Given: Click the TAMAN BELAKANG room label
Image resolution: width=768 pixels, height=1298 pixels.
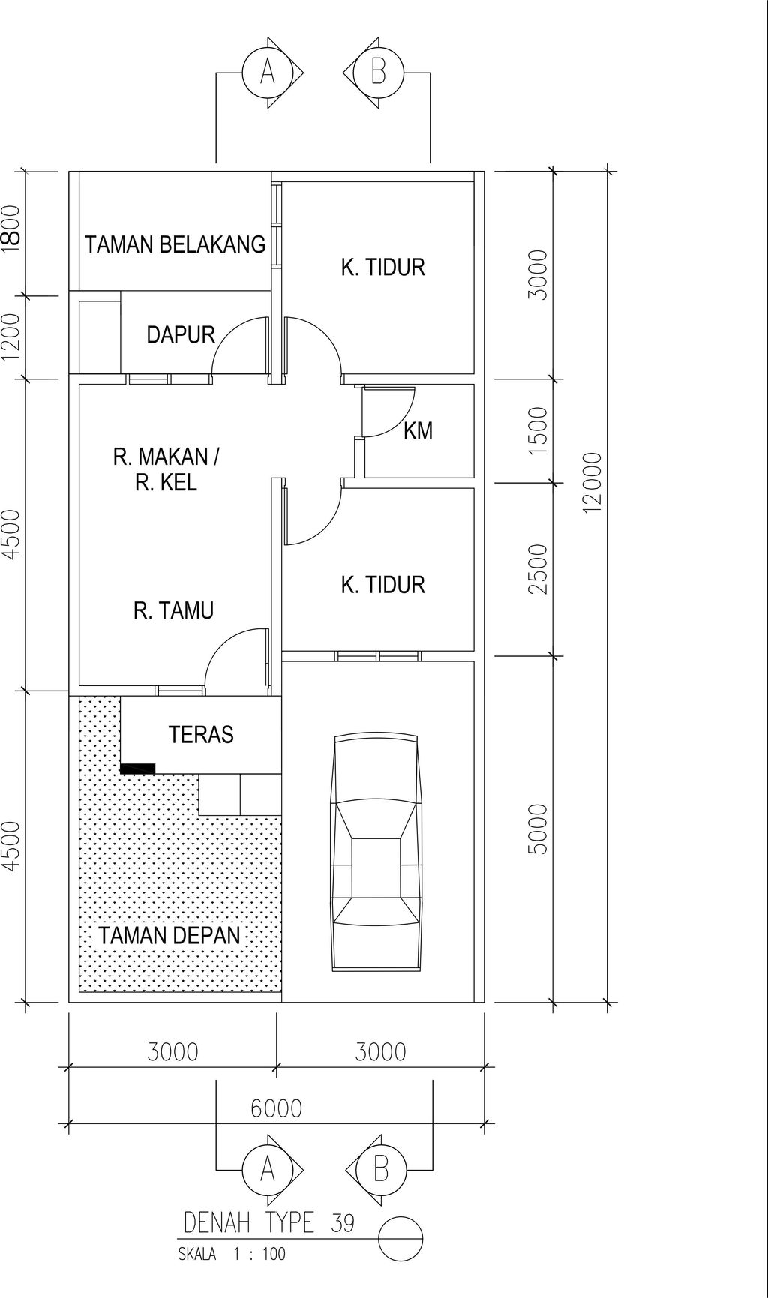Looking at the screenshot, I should tap(175, 244).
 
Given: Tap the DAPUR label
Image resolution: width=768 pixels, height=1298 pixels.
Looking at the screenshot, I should tap(181, 334).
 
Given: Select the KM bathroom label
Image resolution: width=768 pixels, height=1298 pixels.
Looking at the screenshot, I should tap(418, 431).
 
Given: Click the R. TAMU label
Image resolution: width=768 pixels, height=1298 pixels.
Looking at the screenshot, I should tap(173, 610).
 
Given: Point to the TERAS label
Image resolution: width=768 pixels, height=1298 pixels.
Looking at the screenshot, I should tap(200, 734).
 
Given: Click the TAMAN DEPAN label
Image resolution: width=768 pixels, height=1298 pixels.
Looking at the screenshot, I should tap(169, 935).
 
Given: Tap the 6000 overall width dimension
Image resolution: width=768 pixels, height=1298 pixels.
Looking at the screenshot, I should tap(276, 1108).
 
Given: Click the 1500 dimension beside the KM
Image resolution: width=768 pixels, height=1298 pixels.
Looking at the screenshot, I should tap(538, 430).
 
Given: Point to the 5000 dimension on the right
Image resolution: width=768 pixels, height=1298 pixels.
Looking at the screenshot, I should tap(538, 829).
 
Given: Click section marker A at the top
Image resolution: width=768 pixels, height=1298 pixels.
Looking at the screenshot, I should tap(268, 73).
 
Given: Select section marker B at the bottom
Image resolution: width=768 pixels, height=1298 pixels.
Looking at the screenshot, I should tap(380, 1169).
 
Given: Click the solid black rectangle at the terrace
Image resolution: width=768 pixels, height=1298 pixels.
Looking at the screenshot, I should tap(137, 769).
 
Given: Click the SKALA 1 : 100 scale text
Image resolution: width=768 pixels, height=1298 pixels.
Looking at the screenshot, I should tap(232, 1253).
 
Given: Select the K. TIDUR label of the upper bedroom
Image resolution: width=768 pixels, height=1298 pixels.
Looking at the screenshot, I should tap(382, 267).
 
